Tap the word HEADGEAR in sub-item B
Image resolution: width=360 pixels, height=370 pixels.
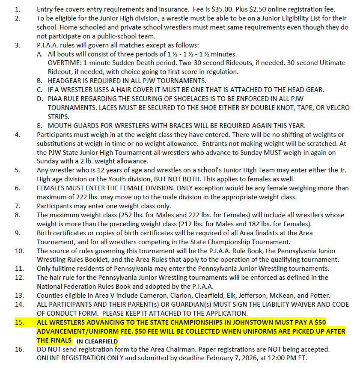[x=65, y=80]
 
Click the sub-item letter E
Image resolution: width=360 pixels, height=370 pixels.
[x=39, y=125]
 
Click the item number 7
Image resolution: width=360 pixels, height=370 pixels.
[x=17, y=206]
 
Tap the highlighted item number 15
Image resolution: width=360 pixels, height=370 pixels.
[x=19, y=323]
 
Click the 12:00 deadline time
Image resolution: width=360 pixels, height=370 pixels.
[x=268, y=358]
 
